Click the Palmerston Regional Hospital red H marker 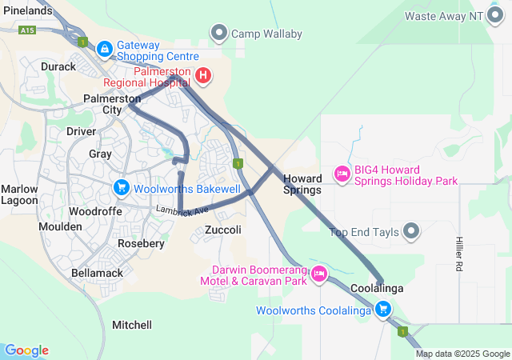[x=203, y=76]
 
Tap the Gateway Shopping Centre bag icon [x=104, y=50]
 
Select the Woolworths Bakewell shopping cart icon [x=121, y=188]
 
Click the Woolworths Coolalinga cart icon [x=383, y=309]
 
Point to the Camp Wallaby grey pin [x=219, y=34]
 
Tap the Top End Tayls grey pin [x=411, y=232]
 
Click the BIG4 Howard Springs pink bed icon [x=342, y=174]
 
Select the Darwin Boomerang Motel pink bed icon [x=319, y=274]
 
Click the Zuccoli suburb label [x=223, y=230]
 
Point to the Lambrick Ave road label [x=182, y=210]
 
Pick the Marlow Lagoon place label [x=19, y=194]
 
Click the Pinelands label [x=26, y=11]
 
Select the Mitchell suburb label [x=132, y=325]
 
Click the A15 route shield [x=29, y=30]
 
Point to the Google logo [x=26, y=350]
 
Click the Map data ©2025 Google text [x=462, y=354]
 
